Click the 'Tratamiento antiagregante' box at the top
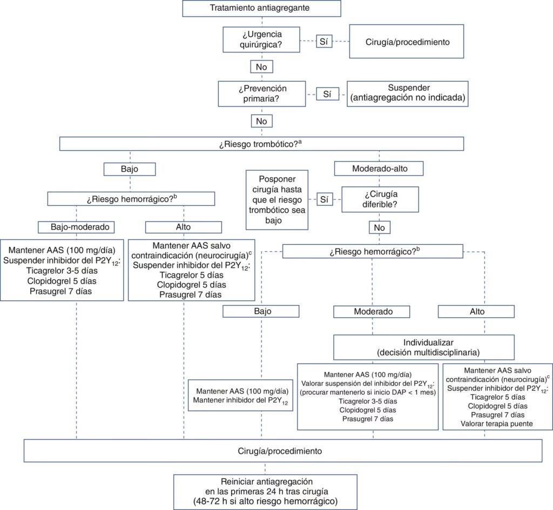pyautogui.click(x=261, y=8)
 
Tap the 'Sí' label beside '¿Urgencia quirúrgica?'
pyautogui.click(x=323, y=42)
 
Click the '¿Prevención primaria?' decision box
pyautogui.click(x=261, y=93)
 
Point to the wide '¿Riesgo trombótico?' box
pyautogui.click(x=261, y=144)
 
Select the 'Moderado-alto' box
pyautogui.click(x=379, y=169)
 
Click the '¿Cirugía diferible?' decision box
pyautogui.click(x=379, y=199)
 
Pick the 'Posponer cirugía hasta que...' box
pyautogui.click(x=276, y=199)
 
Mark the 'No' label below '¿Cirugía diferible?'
pyautogui.click(x=379, y=228)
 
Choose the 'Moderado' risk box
pyautogui.click(x=373, y=312)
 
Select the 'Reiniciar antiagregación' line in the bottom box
pyautogui.click(x=265, y=481)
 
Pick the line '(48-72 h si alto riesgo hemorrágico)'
pyautogui.click(x=265, y=501)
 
